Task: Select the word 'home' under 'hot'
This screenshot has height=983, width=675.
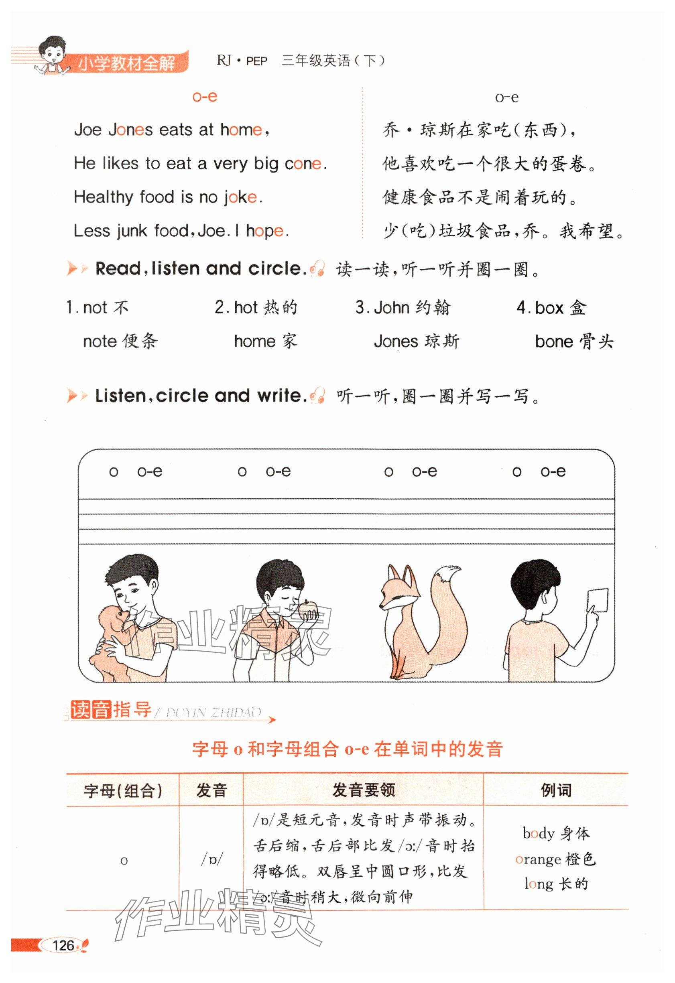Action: [255, 341]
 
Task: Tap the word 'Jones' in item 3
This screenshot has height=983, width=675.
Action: [396, 341]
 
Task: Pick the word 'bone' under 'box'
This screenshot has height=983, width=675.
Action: [554, 341]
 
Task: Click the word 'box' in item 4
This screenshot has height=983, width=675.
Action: [549, 307]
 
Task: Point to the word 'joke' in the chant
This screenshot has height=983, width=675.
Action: [240, 197]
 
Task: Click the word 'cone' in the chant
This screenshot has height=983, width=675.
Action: [303, 163]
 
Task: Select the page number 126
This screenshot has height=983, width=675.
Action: [64, 945]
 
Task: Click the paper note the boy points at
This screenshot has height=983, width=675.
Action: [598, 601]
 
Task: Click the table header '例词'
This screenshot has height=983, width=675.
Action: [556, 790]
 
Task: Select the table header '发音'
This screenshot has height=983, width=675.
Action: [211, 790]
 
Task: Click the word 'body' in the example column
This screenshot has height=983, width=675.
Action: [539, 833]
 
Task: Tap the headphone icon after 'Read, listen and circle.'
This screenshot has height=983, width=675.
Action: [317, 268]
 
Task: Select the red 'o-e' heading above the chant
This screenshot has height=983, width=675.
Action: [205, 97]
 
